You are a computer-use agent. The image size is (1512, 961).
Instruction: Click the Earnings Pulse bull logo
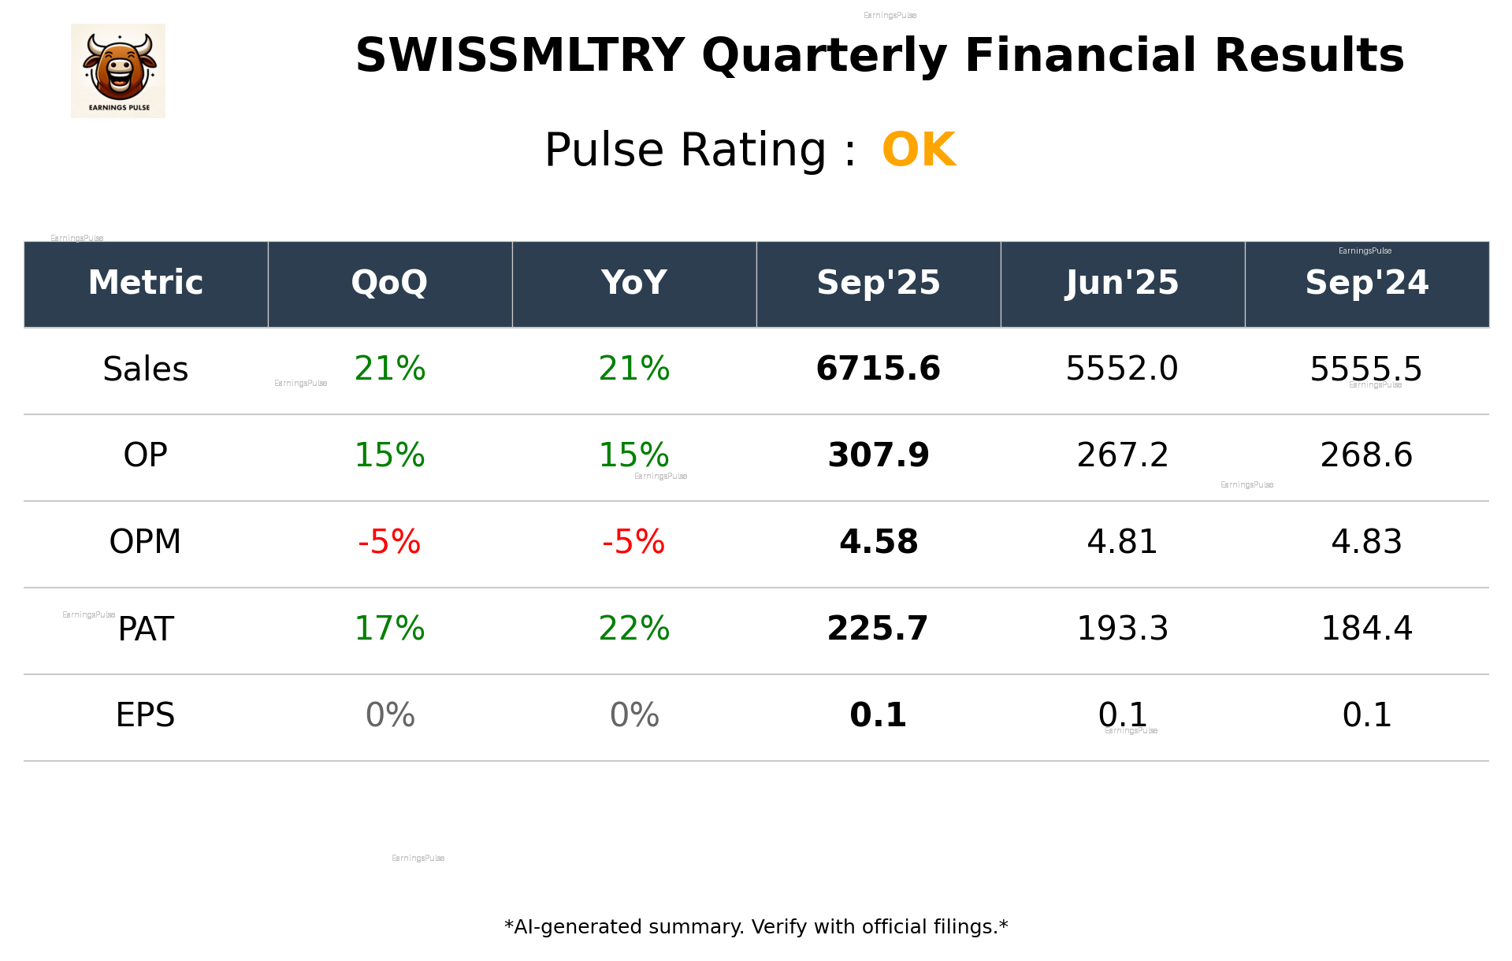tap(118, 71)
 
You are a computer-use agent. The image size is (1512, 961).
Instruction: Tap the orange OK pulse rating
tap(919, 150)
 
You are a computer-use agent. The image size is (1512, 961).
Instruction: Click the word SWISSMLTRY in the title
tap(519, 56)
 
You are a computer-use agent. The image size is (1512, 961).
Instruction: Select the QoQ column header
tap(390, 283)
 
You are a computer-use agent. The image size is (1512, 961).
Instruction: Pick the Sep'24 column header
tap(1366, 283)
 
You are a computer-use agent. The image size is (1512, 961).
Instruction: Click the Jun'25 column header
tap(1122, 283)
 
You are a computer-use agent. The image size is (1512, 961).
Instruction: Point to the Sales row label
tap(146, 369)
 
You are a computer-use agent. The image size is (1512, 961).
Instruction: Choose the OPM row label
tap(146, 542)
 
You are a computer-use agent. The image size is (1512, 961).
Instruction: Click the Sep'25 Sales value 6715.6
tap(878, 369)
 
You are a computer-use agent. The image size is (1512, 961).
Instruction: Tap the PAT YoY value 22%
tap(634, 629)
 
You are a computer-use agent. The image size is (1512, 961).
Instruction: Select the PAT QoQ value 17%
tap(390, 629)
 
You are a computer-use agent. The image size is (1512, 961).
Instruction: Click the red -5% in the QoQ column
tap(390, 542)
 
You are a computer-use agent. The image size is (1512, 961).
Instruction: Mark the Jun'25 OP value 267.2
tap(1122, 455)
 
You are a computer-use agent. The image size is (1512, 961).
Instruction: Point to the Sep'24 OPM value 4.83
tap(1366, 542)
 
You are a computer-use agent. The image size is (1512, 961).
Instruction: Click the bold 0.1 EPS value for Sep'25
tap(878, 715)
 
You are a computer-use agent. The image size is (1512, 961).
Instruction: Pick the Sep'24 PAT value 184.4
tap(1366, 629)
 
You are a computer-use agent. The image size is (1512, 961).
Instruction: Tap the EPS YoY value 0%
tap(634, 715)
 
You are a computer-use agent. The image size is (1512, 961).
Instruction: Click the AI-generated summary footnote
tap(756, 927)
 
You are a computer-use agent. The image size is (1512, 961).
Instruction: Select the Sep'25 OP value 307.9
tap(878, 455)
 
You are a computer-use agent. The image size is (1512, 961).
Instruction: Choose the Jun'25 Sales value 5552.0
tap(1122, 369)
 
